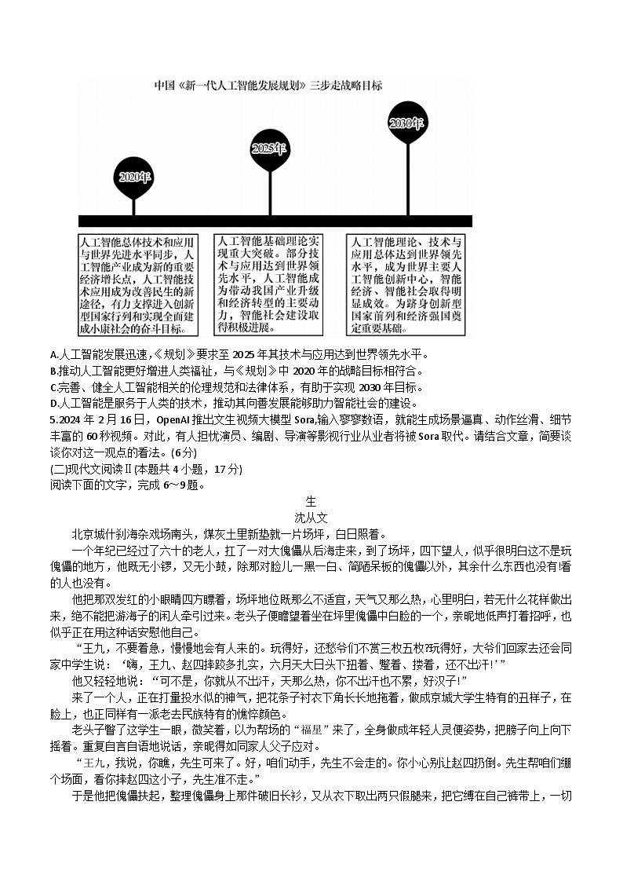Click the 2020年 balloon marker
[x=134, y=177]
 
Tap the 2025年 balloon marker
[x=268, y=149]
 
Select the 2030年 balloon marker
[x=407, y=124]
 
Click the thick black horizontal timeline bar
[x=275, y=221]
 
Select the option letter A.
[x=53, y=355]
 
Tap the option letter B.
[x=53, y=371]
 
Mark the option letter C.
[x=53, y=386]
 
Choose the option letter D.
[x=53, y=403]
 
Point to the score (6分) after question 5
[x=184, y=452]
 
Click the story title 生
[x=311, y=501]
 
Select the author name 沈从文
[x=311, y=517]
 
